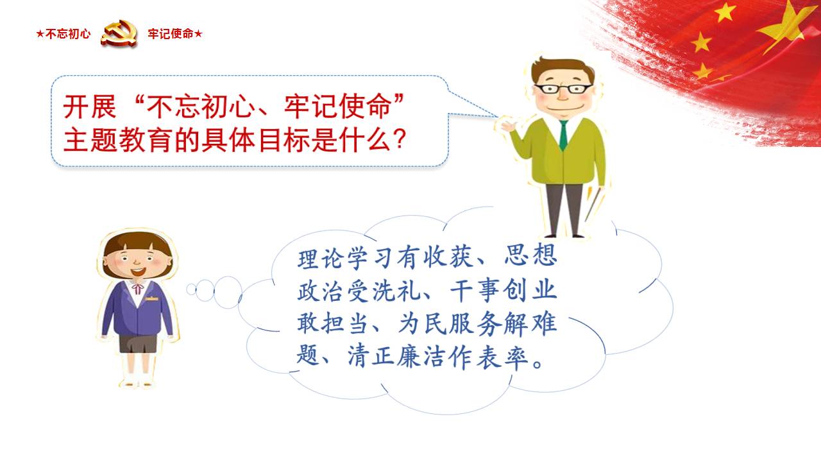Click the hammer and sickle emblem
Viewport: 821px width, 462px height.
click(x=119, y=34)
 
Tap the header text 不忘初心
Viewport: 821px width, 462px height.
click(x=68, y=34)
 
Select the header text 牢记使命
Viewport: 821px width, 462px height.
click(x=171, y=34)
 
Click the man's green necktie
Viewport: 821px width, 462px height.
click(x=563, y=135)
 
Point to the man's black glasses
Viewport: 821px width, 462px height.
click(x=563, y=89)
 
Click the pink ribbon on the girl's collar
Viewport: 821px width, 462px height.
click(x=137, y=287)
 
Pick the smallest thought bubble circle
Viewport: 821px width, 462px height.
click(x=191, y=289)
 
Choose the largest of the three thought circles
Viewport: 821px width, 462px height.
click(x=228, y=292)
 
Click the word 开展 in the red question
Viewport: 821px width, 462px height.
click(x=90, y=107)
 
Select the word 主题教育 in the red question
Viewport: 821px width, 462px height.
click(x=117, y=139)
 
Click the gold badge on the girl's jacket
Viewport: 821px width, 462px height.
click(x=151, y=299)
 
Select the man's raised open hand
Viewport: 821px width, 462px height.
click(x=508, y=126)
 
